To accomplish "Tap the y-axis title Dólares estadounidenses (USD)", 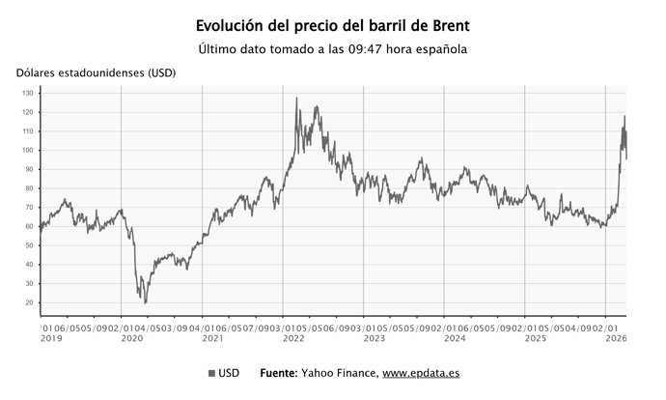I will coord(96,74).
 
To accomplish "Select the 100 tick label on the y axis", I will coord(28,151).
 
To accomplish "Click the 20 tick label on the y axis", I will coord(30,303).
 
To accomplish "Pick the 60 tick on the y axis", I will coord(30,227).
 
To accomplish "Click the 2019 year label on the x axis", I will coord(51,339).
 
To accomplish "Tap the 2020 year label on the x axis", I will coord(132,339).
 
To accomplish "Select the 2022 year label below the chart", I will coord(293,339).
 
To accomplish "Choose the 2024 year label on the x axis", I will coord(455,339).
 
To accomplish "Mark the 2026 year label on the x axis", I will coord(616,339).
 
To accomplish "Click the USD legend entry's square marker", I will coord(211,373).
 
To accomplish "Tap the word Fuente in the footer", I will coord(283,373).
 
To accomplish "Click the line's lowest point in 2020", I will coord(146,302).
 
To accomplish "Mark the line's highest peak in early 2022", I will coord(296,99).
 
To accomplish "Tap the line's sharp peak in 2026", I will coord(624,117).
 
